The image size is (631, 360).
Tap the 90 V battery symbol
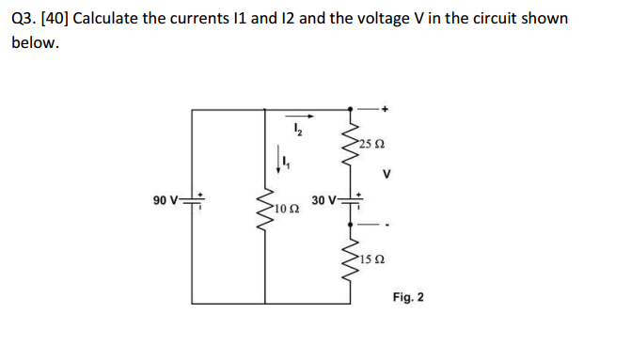point(192,200)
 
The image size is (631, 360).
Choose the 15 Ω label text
point(374,258)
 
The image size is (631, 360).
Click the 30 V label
point(325,200)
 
